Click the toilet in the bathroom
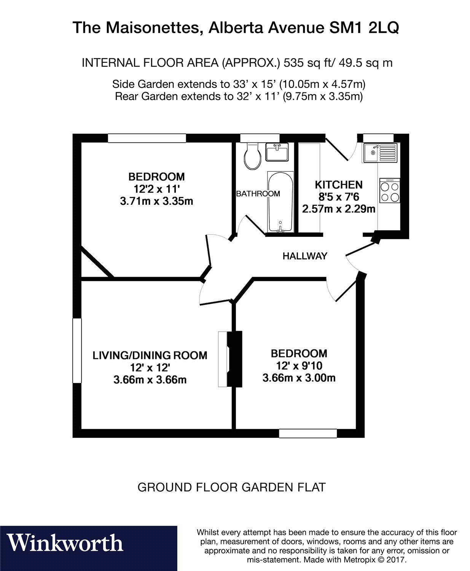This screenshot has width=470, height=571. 252,156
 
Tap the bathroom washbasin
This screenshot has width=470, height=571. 277,152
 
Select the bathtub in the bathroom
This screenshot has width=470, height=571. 280,201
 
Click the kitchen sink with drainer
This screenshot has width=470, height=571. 379,153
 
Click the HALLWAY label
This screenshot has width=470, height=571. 304,256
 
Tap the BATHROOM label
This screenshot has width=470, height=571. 258,194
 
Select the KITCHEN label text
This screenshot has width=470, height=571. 338,185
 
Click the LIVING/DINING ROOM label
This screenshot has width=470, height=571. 150,355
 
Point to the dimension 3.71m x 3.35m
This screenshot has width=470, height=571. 156,201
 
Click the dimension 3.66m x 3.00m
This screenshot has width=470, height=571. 299,378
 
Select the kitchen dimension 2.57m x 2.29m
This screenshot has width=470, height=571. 338,209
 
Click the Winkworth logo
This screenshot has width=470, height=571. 65,543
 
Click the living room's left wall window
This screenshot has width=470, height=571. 77,351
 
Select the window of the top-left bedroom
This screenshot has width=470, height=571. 147,138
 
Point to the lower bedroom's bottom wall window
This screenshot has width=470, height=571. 308,433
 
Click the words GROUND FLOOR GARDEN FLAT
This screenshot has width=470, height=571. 231,487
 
